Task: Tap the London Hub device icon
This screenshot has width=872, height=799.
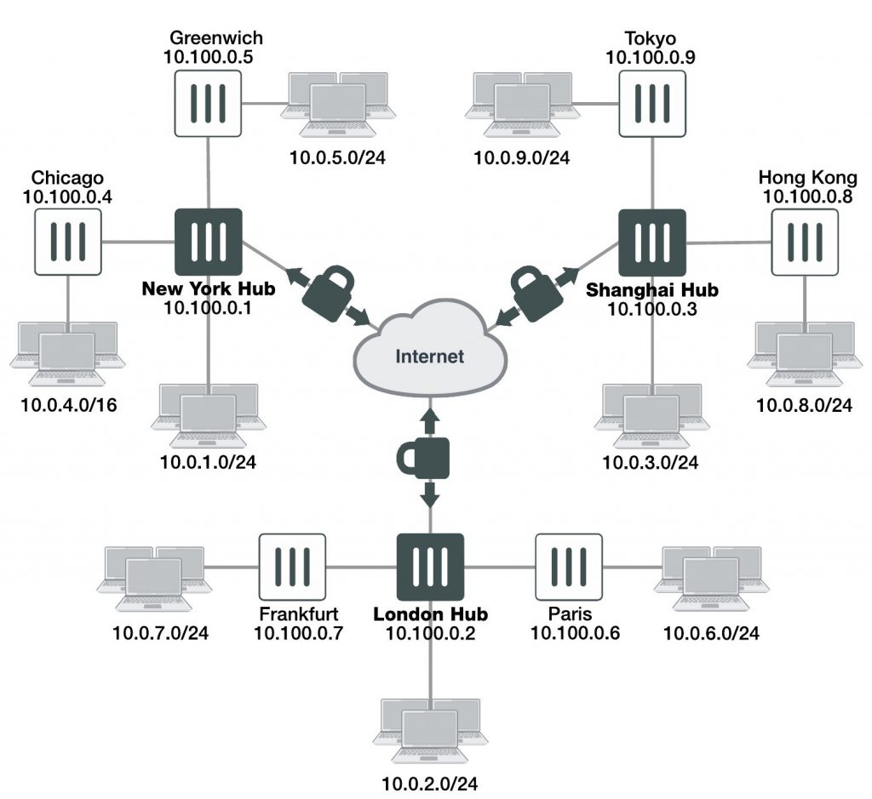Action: [430, 568]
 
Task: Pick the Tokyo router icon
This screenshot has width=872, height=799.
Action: [652, 103]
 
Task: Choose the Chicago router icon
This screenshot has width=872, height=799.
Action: [69, 243]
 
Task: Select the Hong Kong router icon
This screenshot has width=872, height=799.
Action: [805, 243]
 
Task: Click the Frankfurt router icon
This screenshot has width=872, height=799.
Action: [292, 568]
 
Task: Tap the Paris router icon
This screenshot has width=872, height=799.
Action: [568, 568]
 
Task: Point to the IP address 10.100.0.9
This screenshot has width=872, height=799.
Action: [650, 57]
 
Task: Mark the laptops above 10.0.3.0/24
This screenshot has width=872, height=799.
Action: [651, 415]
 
